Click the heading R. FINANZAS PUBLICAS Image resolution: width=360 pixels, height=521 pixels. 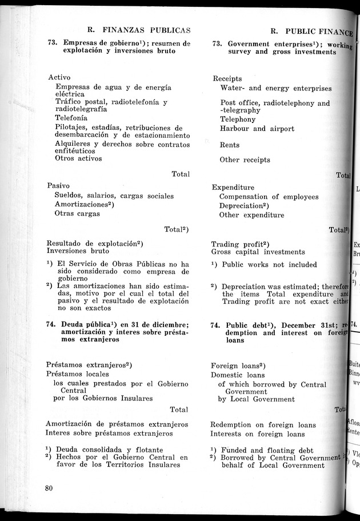[x=138, y=30]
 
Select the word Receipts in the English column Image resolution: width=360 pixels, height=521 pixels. [x=227, y=78]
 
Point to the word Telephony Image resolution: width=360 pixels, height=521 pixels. [x=238, y=120]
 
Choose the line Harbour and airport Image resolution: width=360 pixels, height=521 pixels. [x=257, y=129]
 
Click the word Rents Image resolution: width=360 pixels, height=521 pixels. [x=230, y=145]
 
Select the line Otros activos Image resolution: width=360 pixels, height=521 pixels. [x=78, y=158]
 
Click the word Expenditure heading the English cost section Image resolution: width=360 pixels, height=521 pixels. [x=233, y=187]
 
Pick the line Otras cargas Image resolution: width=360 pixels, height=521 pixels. [x=77, y=213]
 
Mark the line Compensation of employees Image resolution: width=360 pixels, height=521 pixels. [x=269, y=197]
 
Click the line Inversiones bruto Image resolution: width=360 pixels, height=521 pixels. [x=78, y=250]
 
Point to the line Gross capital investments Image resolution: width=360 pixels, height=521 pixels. [x=258, y=252]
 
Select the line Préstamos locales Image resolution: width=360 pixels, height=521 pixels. [x=78, y=373]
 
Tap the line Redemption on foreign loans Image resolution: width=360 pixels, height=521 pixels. [x=263, y=424]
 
